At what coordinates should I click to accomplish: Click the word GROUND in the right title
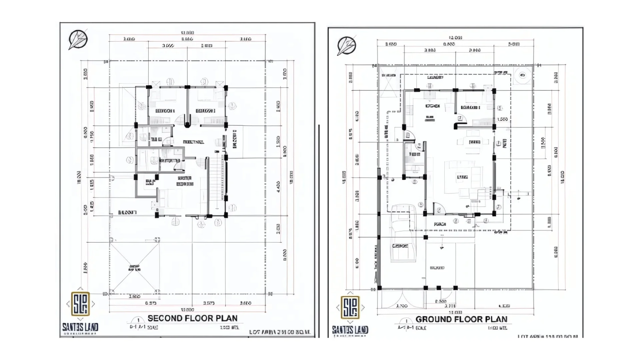click(432, 319)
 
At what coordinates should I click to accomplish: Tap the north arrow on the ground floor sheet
click(346, 46)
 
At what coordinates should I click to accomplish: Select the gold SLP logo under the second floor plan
click(80, 304)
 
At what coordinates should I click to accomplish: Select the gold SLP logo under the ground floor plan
click(350, 307)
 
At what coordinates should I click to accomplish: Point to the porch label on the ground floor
click(440, 224)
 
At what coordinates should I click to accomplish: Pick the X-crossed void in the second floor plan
click(134, 268)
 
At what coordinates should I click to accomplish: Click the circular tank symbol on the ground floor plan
click(522, 75)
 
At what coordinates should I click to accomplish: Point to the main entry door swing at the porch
click(439, 209)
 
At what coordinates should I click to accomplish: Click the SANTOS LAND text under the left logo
click(80, 327)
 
